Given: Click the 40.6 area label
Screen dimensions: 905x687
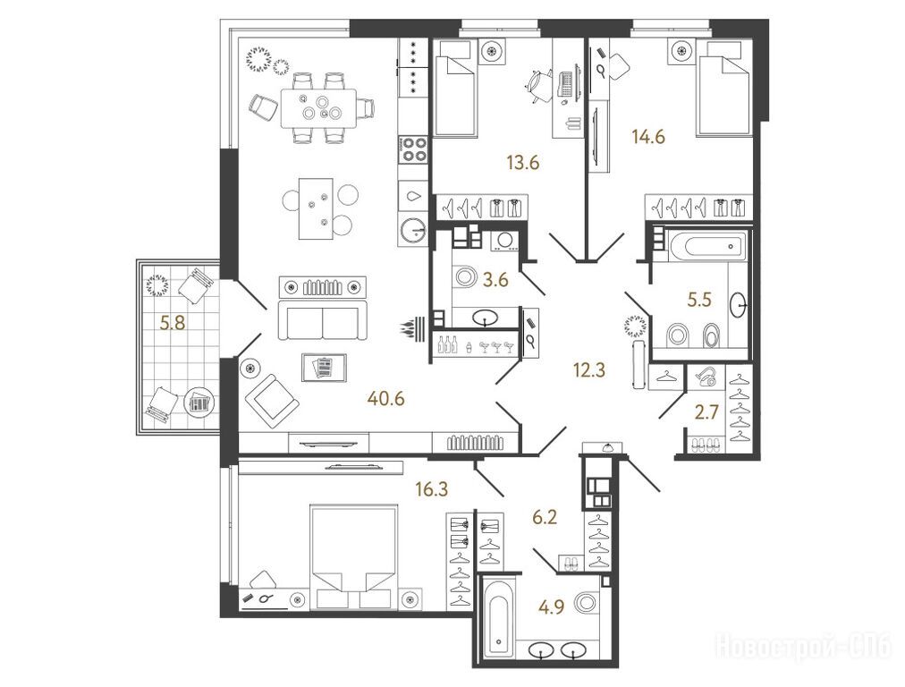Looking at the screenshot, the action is [386, 398].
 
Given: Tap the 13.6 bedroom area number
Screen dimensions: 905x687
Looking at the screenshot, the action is [523, 163].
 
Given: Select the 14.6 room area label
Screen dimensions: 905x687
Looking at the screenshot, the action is [648, 137].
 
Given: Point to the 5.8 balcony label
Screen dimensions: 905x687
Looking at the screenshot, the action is [173, 323].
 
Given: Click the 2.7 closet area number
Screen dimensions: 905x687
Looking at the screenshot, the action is [706, 412].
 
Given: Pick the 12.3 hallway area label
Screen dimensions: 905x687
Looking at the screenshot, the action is [590, 369].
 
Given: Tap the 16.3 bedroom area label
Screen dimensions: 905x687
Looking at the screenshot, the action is [431, 489].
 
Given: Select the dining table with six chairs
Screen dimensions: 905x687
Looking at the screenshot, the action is [319, 107].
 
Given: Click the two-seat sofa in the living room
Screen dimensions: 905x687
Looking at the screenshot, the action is [323, 319].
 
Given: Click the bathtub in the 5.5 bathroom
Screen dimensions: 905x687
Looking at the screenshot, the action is [707, 246].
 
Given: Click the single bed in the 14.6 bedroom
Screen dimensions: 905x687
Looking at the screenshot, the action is [724, 89].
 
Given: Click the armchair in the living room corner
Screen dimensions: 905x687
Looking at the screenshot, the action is [271, 400].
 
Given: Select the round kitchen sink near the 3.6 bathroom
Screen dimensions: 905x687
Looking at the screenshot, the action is [412, 231].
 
